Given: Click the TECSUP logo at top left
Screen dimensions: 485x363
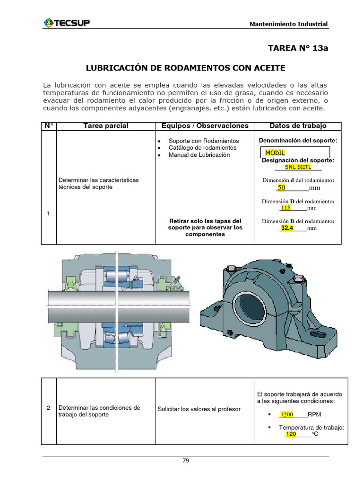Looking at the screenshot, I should click(68, 23).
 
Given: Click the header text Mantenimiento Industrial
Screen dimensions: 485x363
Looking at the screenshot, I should click(288, 24).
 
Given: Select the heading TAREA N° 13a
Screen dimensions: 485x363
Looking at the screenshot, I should click(297, 48).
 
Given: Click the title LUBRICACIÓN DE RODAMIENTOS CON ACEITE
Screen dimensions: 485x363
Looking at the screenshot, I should click(185, 68).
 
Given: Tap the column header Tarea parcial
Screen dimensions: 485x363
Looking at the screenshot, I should click(106, 126).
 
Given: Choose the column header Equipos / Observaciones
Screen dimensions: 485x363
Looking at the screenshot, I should click(205, 126).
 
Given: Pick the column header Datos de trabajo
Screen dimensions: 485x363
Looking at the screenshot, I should click(298, 126).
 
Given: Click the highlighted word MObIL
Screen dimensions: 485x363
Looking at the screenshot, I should click(275, 153).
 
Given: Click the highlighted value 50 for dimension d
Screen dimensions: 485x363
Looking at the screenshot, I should click(282, 188).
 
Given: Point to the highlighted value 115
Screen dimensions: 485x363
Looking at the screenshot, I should click(285, 207).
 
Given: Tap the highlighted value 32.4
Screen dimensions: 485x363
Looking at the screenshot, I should click(287, 228).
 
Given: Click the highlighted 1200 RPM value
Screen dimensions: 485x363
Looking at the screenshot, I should click(286, 414).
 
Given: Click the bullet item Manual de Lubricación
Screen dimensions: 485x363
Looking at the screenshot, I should click(199, 155).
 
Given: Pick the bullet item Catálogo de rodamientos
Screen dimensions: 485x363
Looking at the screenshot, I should click(202, 148).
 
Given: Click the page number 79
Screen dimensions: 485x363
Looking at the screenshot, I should click(186, 460).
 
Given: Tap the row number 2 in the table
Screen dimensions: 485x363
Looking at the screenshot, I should click(49, 408).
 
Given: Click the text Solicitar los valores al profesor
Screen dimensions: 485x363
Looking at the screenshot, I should click(199, 409).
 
